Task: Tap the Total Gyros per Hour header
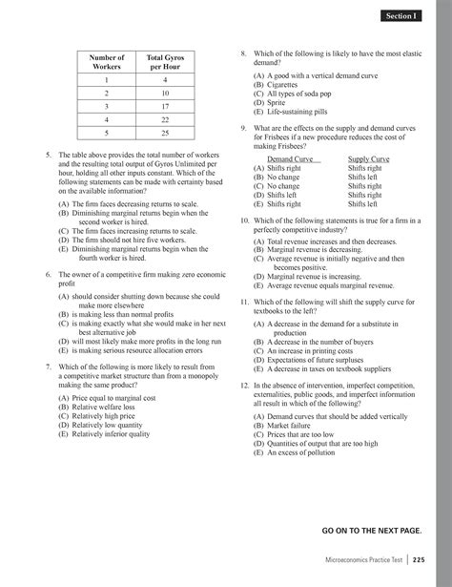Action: [165, 63]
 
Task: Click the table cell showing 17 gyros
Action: [165, 107]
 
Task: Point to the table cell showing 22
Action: [165, 120]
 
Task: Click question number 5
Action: [48, 154]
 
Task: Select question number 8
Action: [245, 55]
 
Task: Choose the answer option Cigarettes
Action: [284, 86]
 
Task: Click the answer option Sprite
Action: [278, 103]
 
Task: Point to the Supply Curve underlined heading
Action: [368, 158]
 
